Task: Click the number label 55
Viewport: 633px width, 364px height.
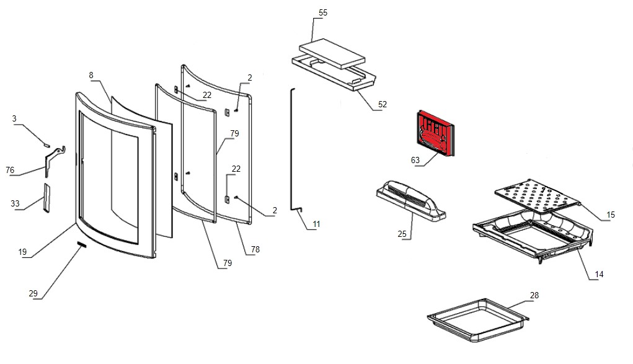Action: [x=322, y=13]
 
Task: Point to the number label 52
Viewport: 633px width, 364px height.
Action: [x=382, y=104]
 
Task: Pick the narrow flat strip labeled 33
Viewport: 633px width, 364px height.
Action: [x=45, y=198]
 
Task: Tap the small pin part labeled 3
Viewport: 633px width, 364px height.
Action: [x=46, y=143]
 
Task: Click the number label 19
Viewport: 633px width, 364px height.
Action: [x=23, y=252]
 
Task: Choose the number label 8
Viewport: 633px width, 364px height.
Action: [x=91, y=75]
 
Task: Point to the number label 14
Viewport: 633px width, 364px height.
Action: [x=598, y=274]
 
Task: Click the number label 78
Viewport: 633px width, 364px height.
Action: [x=255, y=250]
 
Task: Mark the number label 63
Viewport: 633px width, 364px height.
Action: [x=415, y=160]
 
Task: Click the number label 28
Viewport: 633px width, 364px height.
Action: [x=534, y=295]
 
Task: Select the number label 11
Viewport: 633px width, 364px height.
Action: [x=317, y=223]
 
